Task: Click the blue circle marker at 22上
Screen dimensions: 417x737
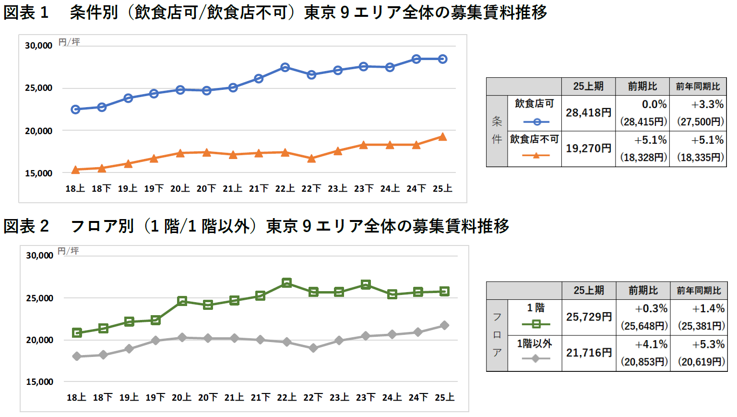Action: tap(285, 67)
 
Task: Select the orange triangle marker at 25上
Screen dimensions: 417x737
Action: tap(442, 137)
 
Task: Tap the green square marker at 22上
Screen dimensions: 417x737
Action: tap(287, 283)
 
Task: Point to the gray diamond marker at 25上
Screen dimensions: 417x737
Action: tap(444, 325)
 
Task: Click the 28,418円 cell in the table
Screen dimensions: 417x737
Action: tap(588, 113)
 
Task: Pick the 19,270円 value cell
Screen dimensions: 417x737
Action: tap(588, 148)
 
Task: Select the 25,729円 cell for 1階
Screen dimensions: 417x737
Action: tap(589, 317)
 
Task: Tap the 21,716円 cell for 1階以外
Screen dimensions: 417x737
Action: tap(589, 353)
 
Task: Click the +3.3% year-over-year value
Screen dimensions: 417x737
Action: tap(707, 104)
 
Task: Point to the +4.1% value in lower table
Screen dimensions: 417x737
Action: tap(651, 344)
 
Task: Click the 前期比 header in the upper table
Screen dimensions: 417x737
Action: tap(642, 86)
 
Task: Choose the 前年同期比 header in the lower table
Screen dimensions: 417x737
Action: tap(699, 291)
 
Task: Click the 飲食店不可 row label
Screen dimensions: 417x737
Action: tap(534, 139)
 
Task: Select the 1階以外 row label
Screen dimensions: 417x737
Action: tap(534, 343)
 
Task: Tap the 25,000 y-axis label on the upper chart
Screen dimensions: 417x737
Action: tap(38, 88)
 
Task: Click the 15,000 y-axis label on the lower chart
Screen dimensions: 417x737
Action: tap(39, 382)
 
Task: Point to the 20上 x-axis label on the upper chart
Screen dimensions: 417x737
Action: tap(180, 189)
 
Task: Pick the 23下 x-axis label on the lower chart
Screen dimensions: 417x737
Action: tap(366, 398)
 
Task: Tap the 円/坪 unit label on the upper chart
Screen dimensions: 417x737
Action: tap(69, 42)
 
